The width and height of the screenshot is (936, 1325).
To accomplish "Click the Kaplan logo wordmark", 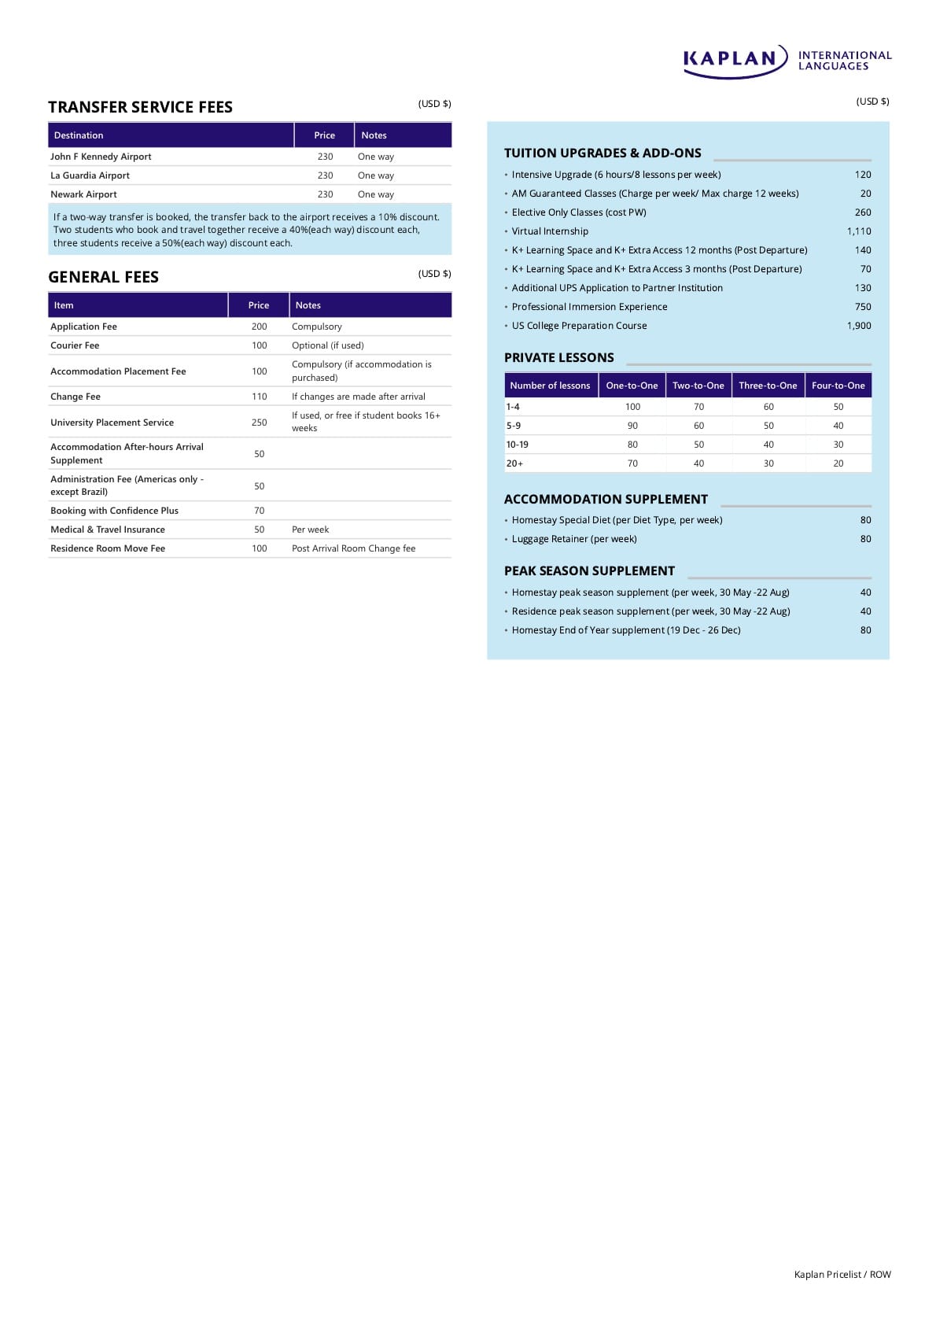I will point(730,59).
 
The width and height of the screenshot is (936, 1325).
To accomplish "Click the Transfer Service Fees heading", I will point(140,107).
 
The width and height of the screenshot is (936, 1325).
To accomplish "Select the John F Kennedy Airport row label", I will point(101,157).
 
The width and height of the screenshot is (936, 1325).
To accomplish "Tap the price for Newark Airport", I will point(325,194).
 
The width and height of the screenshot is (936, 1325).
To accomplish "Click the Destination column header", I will point(79,135).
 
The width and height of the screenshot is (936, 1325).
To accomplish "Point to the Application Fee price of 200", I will point(259,327).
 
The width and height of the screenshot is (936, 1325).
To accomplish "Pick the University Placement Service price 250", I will point(259,423).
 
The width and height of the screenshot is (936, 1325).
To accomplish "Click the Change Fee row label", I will point(76,397).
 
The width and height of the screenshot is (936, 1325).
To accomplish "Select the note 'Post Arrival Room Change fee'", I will point(353,548).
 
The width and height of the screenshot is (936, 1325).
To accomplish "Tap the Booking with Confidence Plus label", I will point(114,511).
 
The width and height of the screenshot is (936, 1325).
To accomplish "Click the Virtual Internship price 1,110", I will point(859,231).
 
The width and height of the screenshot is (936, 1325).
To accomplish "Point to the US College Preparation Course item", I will point(579,326).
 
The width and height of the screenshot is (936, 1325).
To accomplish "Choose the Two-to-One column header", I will point(698,386).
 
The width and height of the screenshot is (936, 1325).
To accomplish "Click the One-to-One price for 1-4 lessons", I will point(632,407).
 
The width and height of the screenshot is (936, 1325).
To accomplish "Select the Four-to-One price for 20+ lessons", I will point(838,463).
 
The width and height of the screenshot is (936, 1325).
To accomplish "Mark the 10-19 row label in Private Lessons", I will point(517,445).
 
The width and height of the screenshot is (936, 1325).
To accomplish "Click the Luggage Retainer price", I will point(865,539).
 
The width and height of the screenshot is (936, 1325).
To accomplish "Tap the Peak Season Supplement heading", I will point(589,570).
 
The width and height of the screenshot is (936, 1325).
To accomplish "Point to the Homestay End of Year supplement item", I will point(625,630).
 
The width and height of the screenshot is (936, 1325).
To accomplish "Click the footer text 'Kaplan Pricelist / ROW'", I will point(842,1275).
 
